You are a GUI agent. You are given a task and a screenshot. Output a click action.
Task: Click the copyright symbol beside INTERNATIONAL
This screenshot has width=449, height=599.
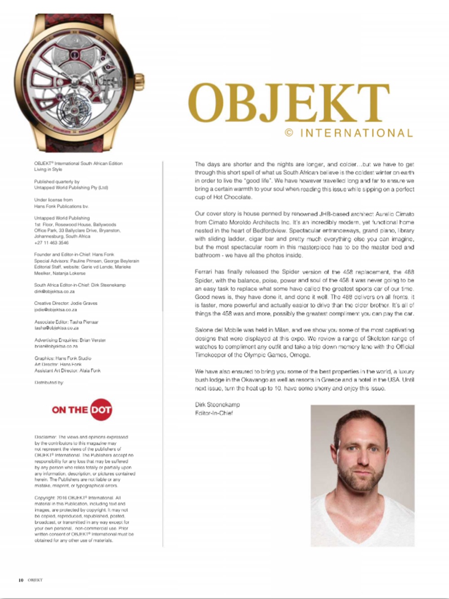click(x=289, y=132)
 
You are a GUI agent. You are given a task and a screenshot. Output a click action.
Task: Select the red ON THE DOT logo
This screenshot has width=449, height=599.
click(x=82, y=410)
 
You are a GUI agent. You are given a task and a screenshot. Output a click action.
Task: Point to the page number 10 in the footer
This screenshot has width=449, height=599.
click(x=21, y=580)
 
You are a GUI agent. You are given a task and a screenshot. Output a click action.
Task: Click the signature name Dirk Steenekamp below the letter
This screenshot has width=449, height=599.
click(x=217, y=405)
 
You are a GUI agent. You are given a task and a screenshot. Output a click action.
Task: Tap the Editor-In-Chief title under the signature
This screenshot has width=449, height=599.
click(x=214, y=413)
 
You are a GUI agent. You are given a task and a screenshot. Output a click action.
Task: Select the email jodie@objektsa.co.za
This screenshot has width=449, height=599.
click(x=55, y=309)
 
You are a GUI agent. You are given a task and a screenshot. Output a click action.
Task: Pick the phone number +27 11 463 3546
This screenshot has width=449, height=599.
click(x=51, y=242)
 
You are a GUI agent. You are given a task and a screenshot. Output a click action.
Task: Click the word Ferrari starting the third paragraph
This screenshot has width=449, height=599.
click(x=205, y=272)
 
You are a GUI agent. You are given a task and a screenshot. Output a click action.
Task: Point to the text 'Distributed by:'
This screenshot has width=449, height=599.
click(x=49, y=383)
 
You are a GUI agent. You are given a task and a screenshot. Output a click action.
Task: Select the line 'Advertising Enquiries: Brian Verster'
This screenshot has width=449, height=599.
click(x=70, y=340)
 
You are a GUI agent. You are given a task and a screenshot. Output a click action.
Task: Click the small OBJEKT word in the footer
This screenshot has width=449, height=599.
click(x=35, y=580)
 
